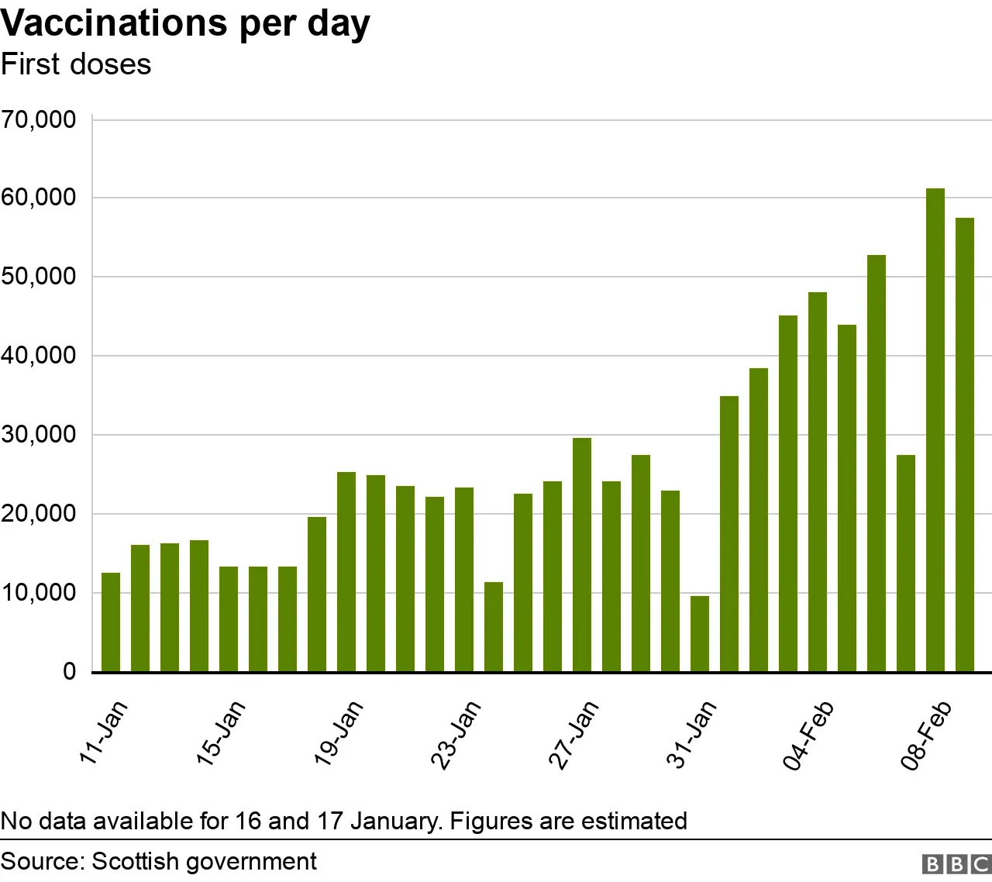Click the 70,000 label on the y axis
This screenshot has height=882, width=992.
coord(39,119)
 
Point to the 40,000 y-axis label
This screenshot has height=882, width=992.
coord(39,356)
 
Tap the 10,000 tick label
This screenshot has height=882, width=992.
coord(39,593)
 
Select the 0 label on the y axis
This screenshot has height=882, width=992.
coord(70,671)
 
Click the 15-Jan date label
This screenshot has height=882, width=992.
coord(221,732)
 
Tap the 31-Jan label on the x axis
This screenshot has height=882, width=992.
coord(691,733)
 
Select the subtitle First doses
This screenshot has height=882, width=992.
coord(76,64)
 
